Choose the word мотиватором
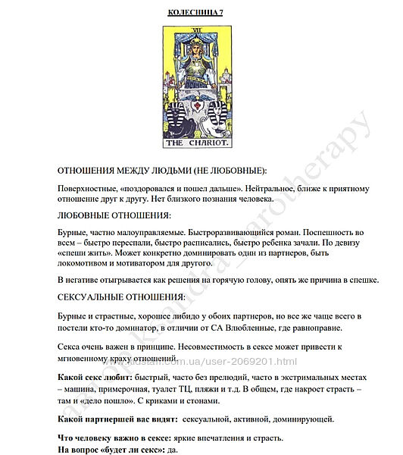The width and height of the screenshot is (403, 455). (155, 265)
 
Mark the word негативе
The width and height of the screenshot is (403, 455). (83, 280)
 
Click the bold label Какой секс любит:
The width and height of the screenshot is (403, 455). (95, 377)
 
